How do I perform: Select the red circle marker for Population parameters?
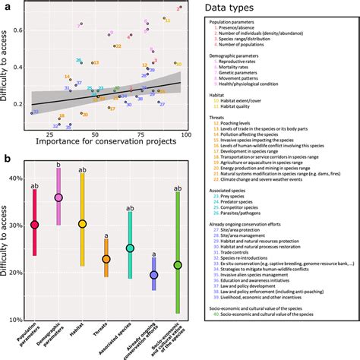(34, 225)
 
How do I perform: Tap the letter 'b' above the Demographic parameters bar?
(58, 165)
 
